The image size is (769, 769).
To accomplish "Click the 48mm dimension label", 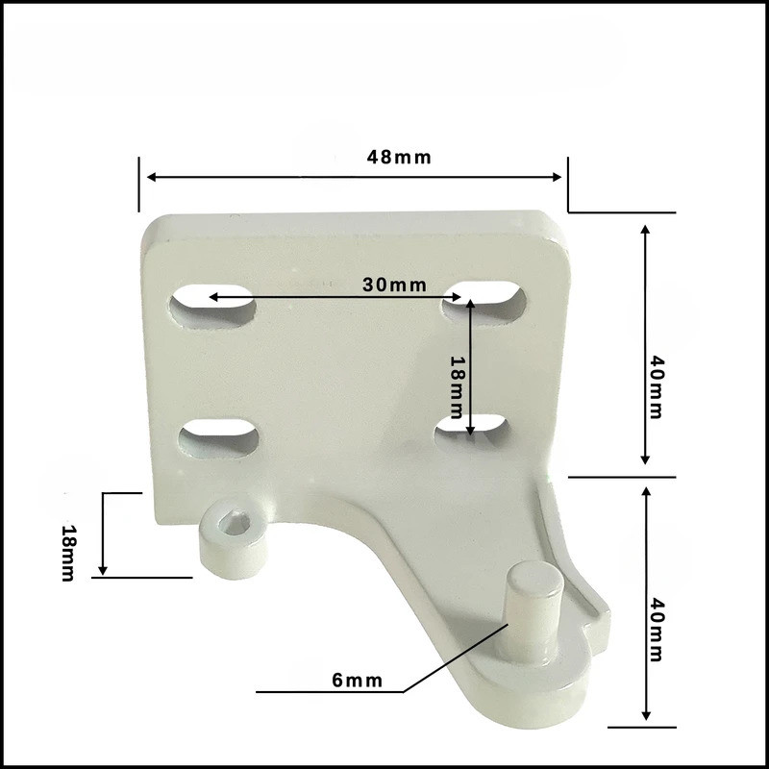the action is [399, 158].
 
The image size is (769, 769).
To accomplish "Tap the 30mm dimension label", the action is [394, 285].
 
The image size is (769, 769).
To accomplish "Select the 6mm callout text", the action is [357, 681].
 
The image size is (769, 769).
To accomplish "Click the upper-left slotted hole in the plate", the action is [212, 307].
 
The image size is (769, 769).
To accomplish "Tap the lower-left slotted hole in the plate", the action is [218, 438].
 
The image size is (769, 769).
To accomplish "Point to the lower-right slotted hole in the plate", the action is [472, 427].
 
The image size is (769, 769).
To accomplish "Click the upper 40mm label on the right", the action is [657, 387].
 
